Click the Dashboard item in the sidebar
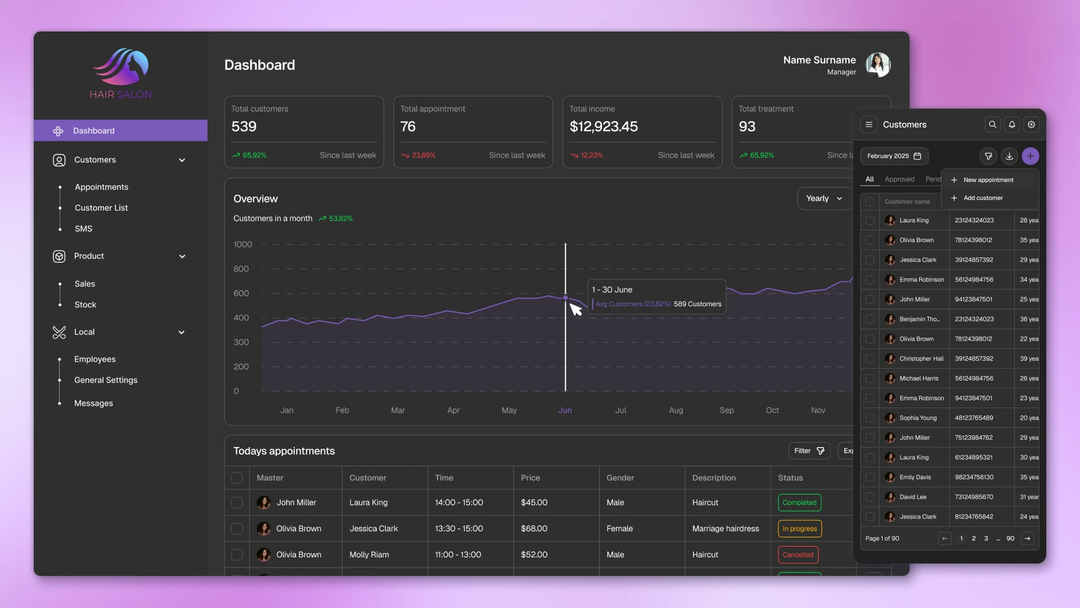click(93, 131)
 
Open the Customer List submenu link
click(101, 208)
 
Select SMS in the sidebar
click(83, 229)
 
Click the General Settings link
click(106, 380)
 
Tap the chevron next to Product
click(182, 257)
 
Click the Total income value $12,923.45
click(604, 127)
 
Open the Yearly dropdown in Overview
click(824, 198)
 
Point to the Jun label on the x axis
click(565, 410)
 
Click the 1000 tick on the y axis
click(242, 244)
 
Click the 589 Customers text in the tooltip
click(697, 304)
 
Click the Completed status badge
click(799, 503)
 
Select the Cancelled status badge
click(798, 555)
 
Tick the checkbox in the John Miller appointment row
click(237, 503)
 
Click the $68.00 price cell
click(534, 529)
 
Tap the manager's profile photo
click(877, 65)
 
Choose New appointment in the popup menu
click(988, 180)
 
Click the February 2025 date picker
click(894, 156)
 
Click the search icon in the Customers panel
click(993, 124)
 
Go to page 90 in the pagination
click(1010, 539)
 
